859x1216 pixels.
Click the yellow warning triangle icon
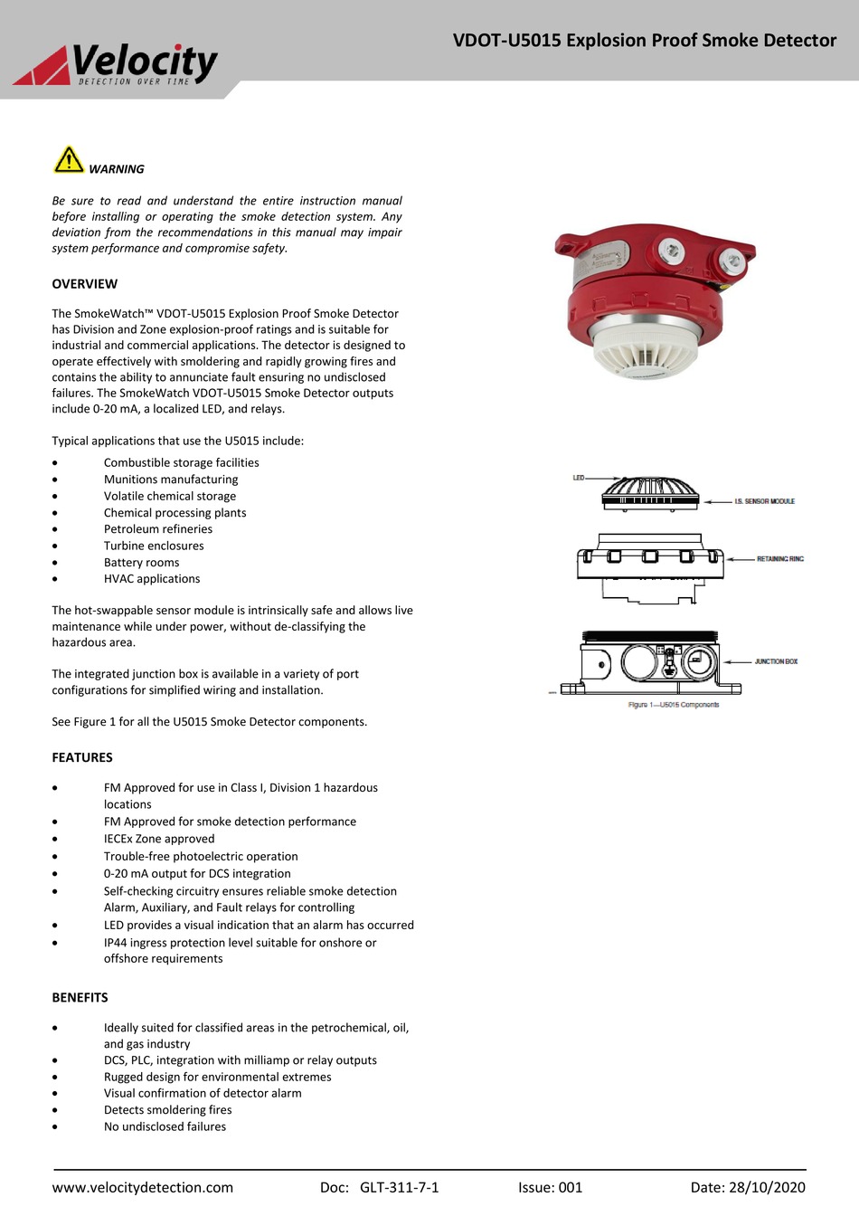click(68, 159)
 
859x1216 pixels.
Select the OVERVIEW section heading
click(84, 284)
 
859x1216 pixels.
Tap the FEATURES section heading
click(82, 758)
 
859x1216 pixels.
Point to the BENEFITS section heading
click(80, 998)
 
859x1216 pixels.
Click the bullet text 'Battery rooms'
click(141, 563)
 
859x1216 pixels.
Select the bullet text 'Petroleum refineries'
click(158, 529)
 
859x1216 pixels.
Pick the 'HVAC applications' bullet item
click(152, 579)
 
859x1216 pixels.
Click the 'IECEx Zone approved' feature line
click(159, 839)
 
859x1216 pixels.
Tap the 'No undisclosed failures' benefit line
click(165, 1127)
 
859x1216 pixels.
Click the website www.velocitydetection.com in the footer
click(143, 1188)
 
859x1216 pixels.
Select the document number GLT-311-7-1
click(399, 1188)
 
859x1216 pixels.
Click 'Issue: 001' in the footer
click(550, 1188)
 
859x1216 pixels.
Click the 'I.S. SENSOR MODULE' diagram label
click(764, 501)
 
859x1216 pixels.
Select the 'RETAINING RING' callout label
click(779, 559)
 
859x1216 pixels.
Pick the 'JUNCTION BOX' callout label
click(776, 662)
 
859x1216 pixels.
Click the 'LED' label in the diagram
click(579, 478)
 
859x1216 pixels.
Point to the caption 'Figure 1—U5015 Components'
click(674, 705)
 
